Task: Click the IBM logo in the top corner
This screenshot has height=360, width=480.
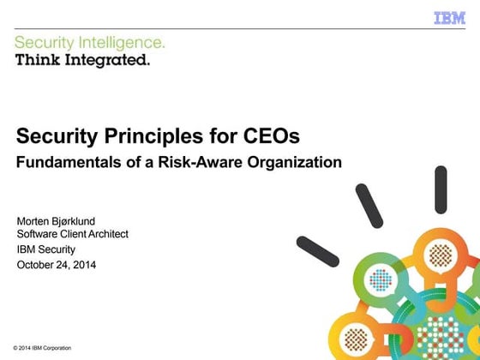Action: (449, 17)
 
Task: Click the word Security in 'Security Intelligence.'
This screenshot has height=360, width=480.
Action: (42, 42)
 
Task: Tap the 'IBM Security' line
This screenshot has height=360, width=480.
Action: (46, 249)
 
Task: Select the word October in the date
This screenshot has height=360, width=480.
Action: (36, 265)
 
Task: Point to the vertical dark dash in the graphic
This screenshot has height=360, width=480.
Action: (441, 189)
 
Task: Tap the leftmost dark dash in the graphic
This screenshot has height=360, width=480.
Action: (317, 252)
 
